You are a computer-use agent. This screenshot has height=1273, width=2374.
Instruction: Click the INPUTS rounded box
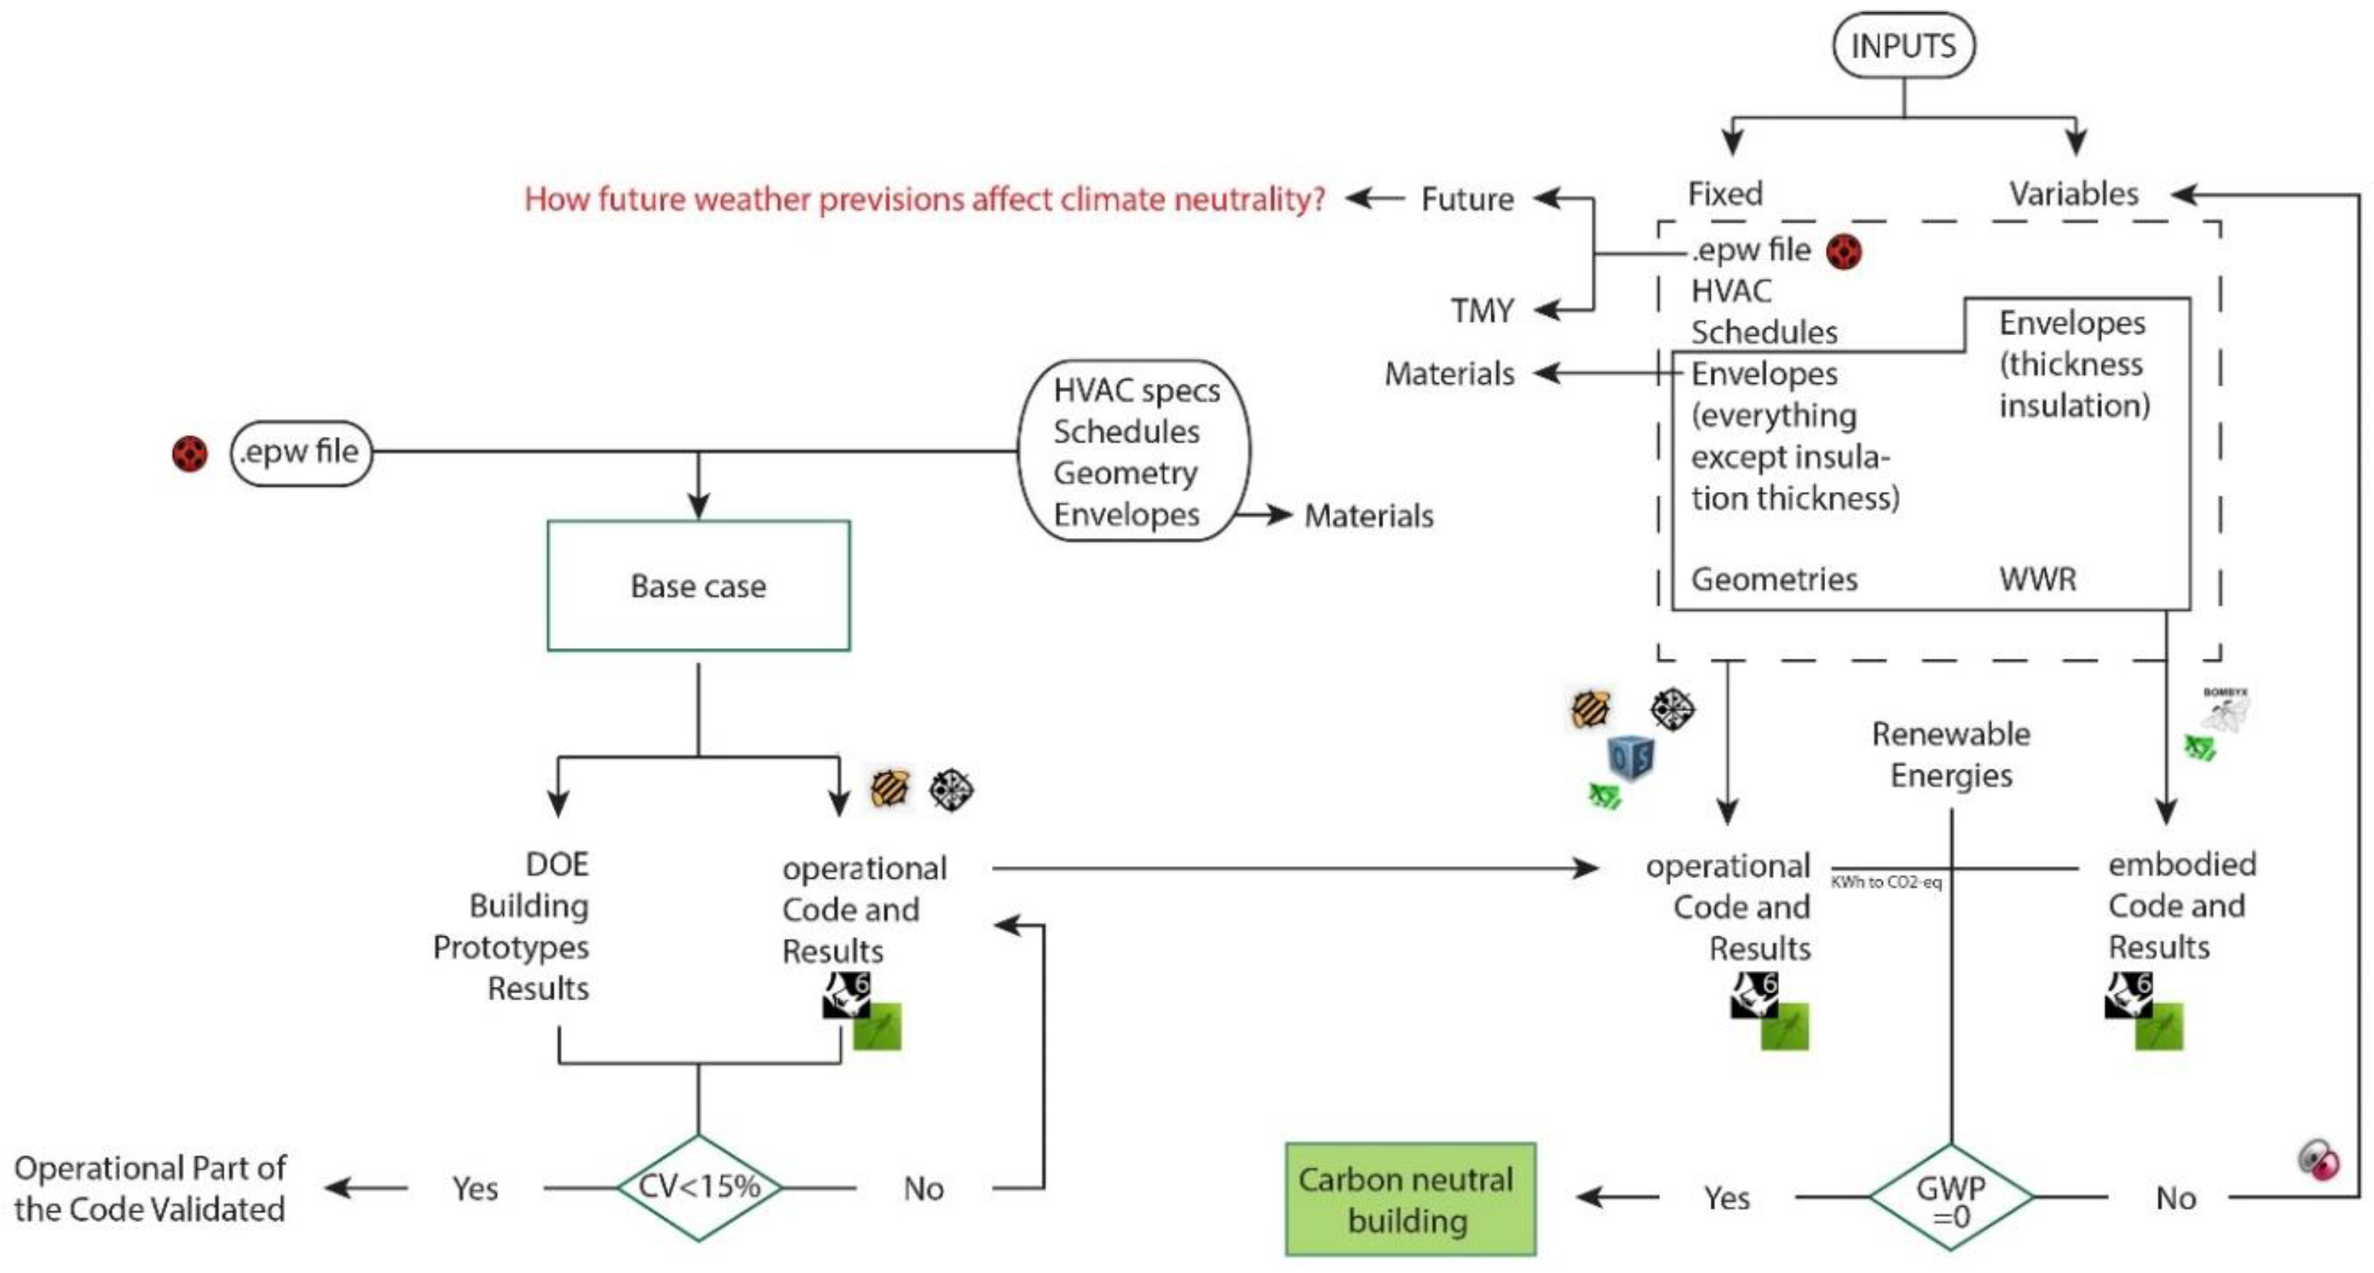pyautogui.click(x=1903, y=45)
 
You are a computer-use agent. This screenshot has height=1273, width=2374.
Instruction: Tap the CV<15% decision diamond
pyautogui.click(x=699, y=1186)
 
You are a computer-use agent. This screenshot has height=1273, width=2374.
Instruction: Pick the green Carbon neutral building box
pyautogui.click(x=1409, y=1199)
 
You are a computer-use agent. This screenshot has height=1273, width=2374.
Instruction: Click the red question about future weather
pyautogui.click(x=924, y=199)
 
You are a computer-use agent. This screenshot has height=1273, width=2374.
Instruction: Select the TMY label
pyautogui.click(x=1482, y=311)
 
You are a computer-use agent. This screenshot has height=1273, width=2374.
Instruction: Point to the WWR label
pyautogui.click(x=2037, y=580)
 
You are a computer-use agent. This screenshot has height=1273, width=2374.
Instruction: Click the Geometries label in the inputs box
pyautogui.click(x=1774, y=580)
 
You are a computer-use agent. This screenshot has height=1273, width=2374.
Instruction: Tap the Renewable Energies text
pyautogui.click(x=1951, y=754)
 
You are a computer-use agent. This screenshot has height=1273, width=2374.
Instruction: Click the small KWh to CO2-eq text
pyautogui.click(x=1886, y=882)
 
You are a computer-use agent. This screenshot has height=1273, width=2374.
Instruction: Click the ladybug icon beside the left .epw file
pyautogui.click(x=190, y=454)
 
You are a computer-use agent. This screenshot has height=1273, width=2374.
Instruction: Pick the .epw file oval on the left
pyautogui.click(x=301, y=453)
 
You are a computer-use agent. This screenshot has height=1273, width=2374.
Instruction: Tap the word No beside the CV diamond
pyautogui.click(x=923, y=1189)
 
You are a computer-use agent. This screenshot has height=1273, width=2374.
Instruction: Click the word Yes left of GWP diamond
pyautogui.click(x=1726, y=1198)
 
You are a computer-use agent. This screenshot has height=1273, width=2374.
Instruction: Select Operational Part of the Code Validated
pyautogui.click(x=150, y=1188)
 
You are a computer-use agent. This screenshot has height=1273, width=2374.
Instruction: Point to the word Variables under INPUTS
pyautogui.click(x=2073, y=194)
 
